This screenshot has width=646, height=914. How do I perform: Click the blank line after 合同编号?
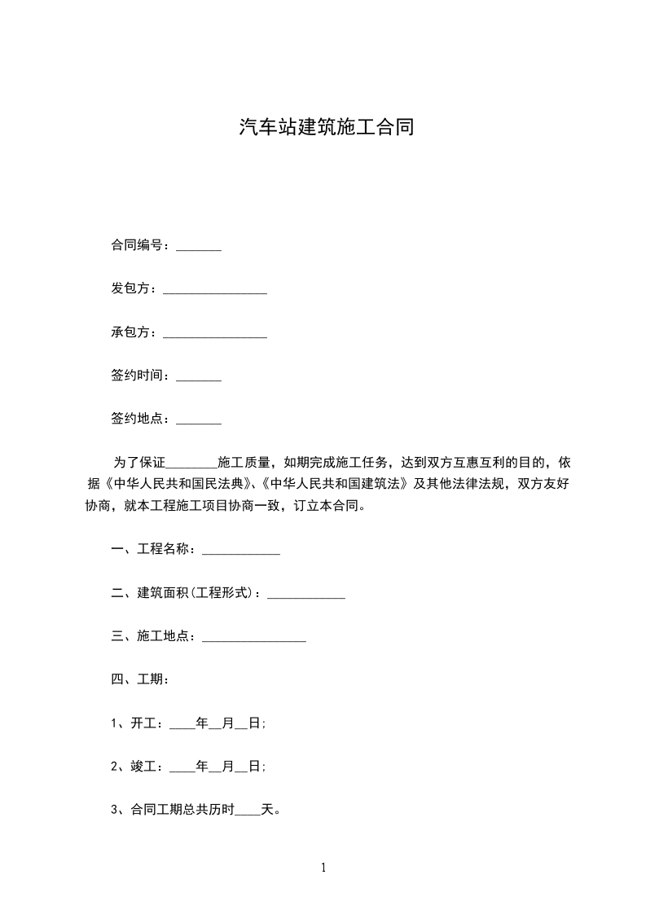(x=199, y=246)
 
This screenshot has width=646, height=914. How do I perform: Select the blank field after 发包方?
(x=215, y=289)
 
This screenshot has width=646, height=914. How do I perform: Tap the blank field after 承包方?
(x=215, y=332)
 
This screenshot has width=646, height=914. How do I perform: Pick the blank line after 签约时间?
(x=199, y=376)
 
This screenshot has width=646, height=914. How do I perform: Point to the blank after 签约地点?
(x=199, y=420)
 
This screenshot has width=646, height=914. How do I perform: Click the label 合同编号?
(x=139, y=245)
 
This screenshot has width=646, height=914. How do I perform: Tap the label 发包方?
(x=133, y=288)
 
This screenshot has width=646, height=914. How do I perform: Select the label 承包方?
(x=133, y=332)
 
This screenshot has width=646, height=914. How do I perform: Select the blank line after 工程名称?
(x=241, y=551)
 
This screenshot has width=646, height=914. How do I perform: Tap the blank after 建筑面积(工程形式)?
(x=306, y=595)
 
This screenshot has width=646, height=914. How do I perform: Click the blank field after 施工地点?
(x=254, y=638)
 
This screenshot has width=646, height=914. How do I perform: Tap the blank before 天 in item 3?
(x=247, y=811)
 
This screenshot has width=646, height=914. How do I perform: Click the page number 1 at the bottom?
(x=323, y=868)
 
